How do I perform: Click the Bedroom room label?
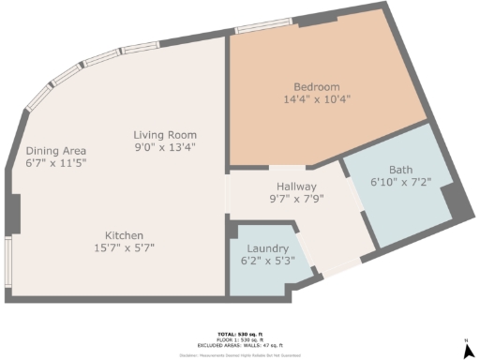click(x=317, y=86)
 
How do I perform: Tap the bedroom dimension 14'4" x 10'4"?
click(x=317, y=98)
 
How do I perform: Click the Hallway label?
click(x=295, y=187)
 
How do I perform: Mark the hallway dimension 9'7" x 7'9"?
click(x=295, y=199)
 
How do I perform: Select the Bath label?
click(x=400, y=170)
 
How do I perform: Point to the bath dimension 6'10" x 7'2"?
click(x=400, y=182)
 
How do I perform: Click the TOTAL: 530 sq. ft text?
click(x=239, y=334)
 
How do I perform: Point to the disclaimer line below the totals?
click(x=239, y=355)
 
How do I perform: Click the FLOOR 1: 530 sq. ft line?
click(x=239, y=339)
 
